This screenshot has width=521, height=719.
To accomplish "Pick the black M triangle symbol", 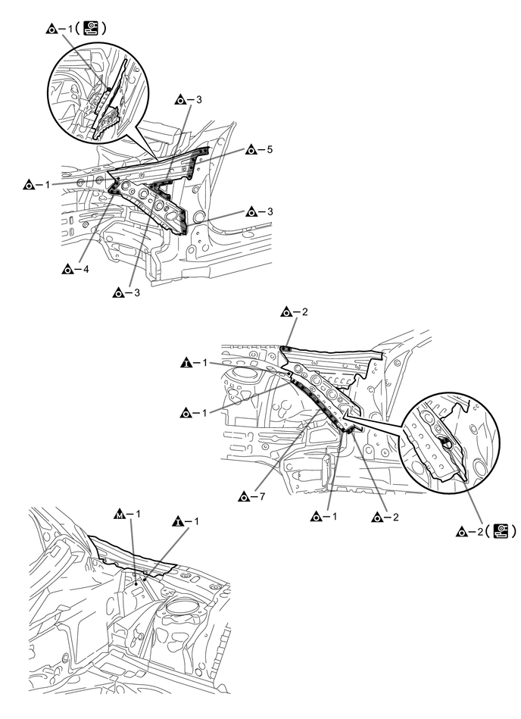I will coord(118,514).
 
